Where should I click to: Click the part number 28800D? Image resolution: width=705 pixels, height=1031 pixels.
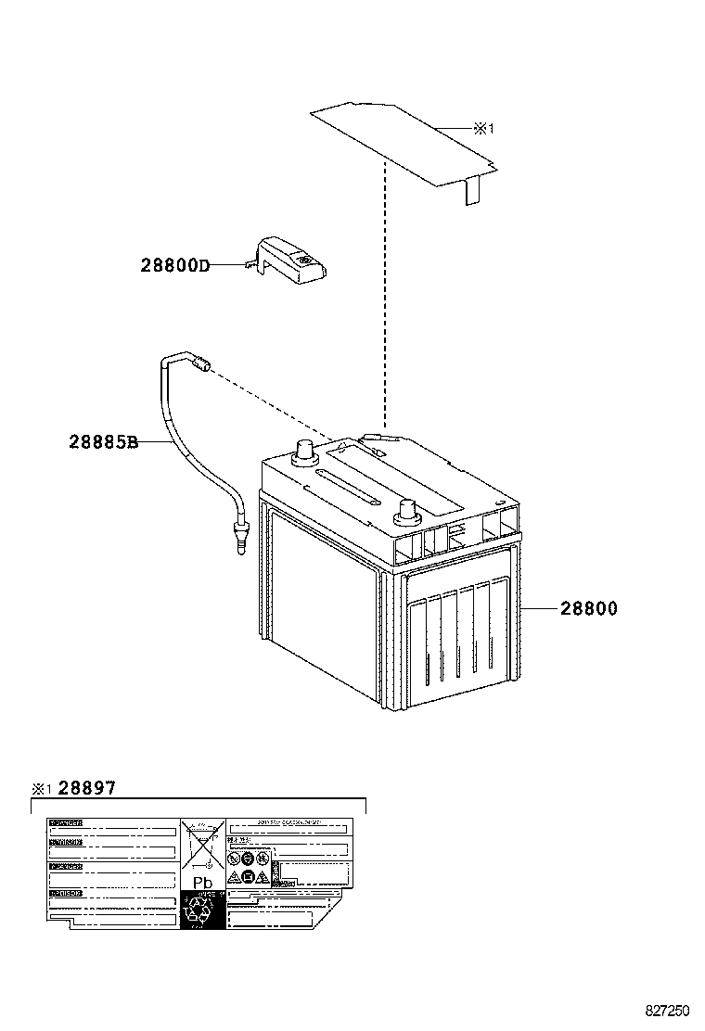[x=174, y=265]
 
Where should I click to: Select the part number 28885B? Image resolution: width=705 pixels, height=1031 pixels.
[x=103, y=442]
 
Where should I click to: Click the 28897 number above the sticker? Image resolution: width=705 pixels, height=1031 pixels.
[x=87, y=788]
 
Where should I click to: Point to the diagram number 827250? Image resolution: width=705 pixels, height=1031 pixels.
[x=668, y=1010]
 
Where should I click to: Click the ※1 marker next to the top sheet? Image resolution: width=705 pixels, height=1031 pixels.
[x=484, y=130]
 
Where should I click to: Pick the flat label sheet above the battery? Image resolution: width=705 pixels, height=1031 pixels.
[x=399, y=139]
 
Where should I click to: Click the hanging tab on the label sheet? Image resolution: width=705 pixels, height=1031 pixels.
[x=471, y=190]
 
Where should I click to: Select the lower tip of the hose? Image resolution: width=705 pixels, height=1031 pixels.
[x=241, y=541]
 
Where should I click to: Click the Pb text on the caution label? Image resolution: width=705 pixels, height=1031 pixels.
[x=201, y=883]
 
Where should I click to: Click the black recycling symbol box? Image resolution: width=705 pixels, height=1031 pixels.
[x=201, y=910]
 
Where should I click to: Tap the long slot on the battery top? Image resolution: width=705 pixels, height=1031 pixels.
[x=347, y=488]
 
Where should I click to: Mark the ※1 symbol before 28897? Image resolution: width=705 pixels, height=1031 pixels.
[x=41, y=789]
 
